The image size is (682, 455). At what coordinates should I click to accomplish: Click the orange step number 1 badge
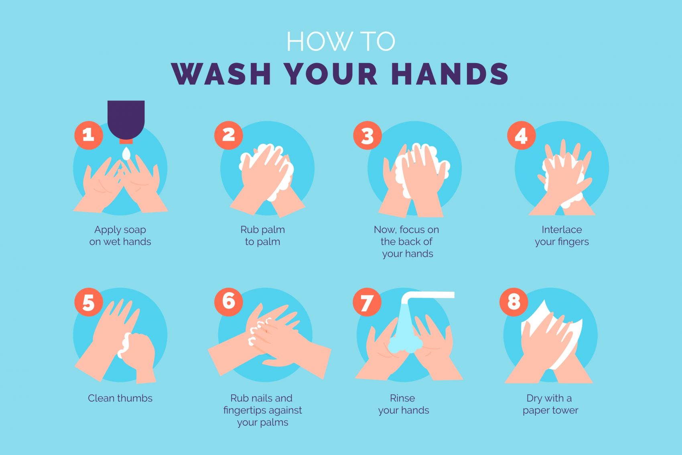(89, 135)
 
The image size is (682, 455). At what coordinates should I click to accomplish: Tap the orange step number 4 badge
(521, 135)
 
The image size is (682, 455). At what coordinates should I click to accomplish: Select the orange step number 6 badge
(228, 302)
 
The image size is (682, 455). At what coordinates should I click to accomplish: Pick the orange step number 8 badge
(514, 302)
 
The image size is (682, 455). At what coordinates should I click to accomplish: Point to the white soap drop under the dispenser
(126, 154)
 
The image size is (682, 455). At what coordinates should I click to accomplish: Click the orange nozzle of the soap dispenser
(126, 141)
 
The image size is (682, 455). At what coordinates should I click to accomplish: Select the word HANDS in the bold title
(450, 73)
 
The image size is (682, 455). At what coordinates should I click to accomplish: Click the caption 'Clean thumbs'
(120, 398)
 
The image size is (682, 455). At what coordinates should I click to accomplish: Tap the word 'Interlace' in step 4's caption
(562, 230)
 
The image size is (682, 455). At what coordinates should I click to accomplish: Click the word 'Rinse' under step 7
(402, 398)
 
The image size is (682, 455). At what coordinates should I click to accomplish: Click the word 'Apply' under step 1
(106, 230)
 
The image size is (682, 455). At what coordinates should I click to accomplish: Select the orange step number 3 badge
(367, 135)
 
